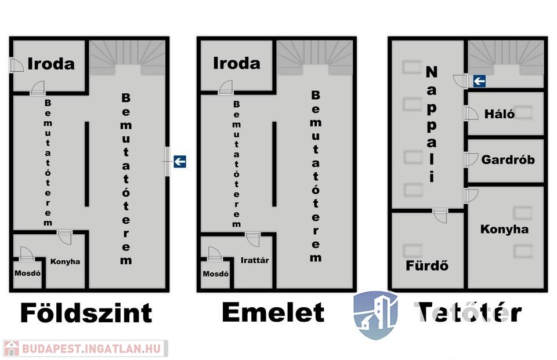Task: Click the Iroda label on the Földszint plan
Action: pyautogui.click(x=52, y=63)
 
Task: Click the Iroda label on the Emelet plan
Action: pyautogui.click(x=237, y=63)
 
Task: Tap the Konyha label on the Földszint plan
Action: pyautogui.click(x=65, y=261)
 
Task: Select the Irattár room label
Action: pyautogui.click(x=255, y=261)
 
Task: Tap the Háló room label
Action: pyautogui.click(x=499, y=114)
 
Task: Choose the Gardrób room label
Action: pyautogui.click(x=508, y=160)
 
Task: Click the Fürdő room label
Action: pyautogui.click(x=427, y=266)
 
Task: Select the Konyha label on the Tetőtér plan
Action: pyautogui.click(x=504, y=230)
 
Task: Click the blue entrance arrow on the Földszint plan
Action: pyautogui.click(x=180, y=162)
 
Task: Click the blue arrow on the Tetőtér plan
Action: pyautogui.click(x=479, y=82)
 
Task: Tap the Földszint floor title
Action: pyautogui.click(x=86, y=313)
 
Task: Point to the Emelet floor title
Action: pyautogui.click(x=273, y=313)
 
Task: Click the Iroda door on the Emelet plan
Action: pyautogui.click(x=226, y=88)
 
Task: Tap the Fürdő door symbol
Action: pyautogui.click(x=440, y=216)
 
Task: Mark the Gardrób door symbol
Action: pyautogui.click(x=470, y=159)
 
